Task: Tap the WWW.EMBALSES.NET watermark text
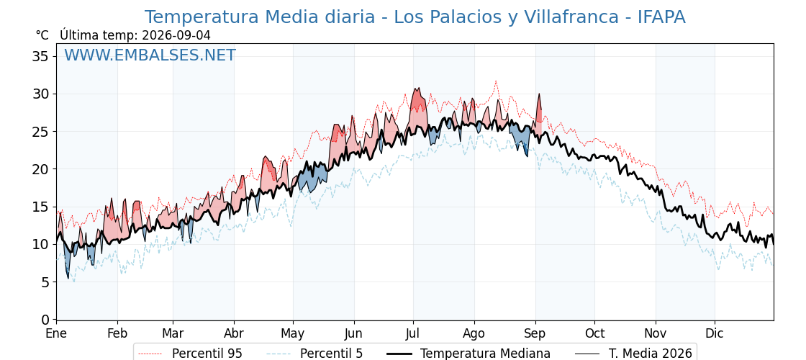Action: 150,55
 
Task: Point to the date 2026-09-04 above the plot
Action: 176,35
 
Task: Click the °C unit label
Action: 42,35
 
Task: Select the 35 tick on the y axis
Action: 41,56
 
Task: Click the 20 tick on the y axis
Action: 41,169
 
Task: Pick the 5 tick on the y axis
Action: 45,282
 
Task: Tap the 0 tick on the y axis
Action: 45,320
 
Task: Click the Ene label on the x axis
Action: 56,333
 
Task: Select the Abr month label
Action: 234,333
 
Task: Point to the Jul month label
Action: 413,333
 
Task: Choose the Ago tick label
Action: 474,333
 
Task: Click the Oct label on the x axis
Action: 594,333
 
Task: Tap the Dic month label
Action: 715,333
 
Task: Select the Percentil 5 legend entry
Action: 314,354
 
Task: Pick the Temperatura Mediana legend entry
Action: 468,354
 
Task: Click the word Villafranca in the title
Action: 571,17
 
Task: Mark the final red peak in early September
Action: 539,94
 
